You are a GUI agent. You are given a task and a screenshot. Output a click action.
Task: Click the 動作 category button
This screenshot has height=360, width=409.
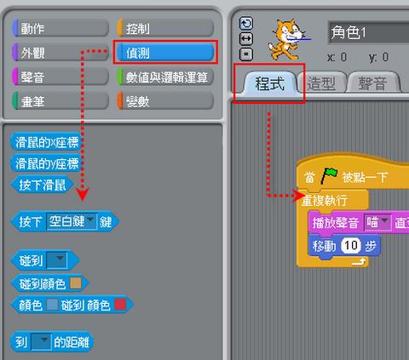[60, 28]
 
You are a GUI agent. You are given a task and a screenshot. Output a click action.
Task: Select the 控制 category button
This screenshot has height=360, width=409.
[165, 28]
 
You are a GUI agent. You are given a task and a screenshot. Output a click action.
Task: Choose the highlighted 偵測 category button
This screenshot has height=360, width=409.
[165, 53]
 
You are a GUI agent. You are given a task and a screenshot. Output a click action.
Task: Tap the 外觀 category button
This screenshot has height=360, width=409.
[60, 53]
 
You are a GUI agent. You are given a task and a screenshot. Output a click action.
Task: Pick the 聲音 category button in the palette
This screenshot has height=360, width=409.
[60, 77]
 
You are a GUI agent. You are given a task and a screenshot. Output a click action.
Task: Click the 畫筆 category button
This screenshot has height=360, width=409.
[60, 101]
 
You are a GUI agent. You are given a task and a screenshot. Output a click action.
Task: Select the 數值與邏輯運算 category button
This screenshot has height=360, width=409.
[165, 77]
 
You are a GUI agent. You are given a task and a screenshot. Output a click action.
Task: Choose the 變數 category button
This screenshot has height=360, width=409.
[165, 101]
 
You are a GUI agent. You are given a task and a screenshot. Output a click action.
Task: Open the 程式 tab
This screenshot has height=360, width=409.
[269, 83]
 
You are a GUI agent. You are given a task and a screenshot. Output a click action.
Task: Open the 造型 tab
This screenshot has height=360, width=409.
[321, 83]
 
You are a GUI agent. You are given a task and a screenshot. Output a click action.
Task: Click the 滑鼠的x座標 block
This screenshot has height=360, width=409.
[46, 142]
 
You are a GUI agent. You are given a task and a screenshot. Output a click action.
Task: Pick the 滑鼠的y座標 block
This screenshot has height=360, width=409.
[46, 163]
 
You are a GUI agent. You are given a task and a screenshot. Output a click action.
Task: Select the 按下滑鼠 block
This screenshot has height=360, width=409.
[42, 185]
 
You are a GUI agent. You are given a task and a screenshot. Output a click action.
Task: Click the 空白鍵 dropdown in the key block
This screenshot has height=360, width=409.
[72, 221]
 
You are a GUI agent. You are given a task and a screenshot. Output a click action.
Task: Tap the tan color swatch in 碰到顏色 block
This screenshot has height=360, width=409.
[76, 283]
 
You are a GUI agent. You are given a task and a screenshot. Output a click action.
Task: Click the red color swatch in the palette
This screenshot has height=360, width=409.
[120, 305]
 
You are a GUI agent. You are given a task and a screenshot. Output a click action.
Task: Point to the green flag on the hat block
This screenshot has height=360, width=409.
[329, 175]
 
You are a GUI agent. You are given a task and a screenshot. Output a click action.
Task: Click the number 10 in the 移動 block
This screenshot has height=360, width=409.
[351, 245]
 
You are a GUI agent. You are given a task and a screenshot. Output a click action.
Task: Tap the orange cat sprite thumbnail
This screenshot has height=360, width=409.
[288, 39]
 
